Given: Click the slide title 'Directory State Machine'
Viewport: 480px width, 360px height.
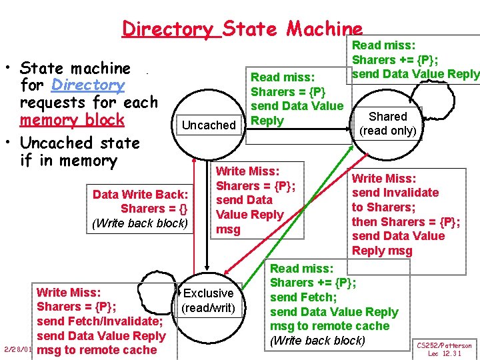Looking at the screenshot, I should click(242, 29).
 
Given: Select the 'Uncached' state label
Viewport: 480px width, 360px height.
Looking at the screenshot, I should click(209, 125).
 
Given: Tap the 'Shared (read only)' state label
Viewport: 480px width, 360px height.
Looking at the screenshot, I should click(387, 123).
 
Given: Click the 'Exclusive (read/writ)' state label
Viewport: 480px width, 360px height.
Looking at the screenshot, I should click(208, 300).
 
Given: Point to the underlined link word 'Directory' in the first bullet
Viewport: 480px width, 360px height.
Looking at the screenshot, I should click(88, 85).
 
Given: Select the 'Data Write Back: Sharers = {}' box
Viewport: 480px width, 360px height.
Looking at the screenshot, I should click(140, 201).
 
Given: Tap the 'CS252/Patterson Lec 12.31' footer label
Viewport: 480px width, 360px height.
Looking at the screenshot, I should click(444, 349).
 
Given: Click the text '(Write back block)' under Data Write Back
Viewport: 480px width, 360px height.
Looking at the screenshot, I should click(140, 223).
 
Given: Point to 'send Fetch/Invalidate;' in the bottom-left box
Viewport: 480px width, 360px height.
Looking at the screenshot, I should click(105, 321).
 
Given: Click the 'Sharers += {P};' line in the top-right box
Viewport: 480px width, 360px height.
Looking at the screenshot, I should click(394, 59).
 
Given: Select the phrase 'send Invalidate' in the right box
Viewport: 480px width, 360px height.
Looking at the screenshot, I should click(395, 193).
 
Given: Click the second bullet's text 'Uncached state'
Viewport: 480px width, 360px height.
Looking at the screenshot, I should click(80, 143).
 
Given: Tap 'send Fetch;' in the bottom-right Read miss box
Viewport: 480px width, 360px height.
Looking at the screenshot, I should click(303, 297).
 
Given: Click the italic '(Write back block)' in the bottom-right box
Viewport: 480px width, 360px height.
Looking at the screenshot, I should click(317, 341).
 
